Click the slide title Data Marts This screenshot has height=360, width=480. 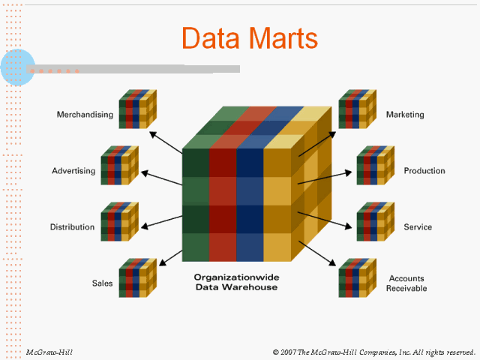(250, 38)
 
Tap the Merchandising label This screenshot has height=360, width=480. (85, 115)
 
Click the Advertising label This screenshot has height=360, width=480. (73, 171)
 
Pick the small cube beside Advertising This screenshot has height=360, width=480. (120, 165)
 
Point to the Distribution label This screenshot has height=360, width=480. (72, 227)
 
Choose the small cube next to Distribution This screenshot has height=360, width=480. (120, 220)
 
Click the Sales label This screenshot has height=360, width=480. (102, 283)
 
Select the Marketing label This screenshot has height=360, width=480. (405, 115)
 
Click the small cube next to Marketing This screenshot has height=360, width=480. (357, 109)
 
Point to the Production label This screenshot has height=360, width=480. (424, 171)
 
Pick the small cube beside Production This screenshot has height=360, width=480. (375, 165)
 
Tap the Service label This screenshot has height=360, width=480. (418, 227)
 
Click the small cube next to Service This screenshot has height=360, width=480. (375, 220)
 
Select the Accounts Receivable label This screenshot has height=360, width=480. (406, 283)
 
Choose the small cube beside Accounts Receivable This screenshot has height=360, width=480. (357, 277)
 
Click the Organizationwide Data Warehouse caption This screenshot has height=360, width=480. (235, 281)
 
